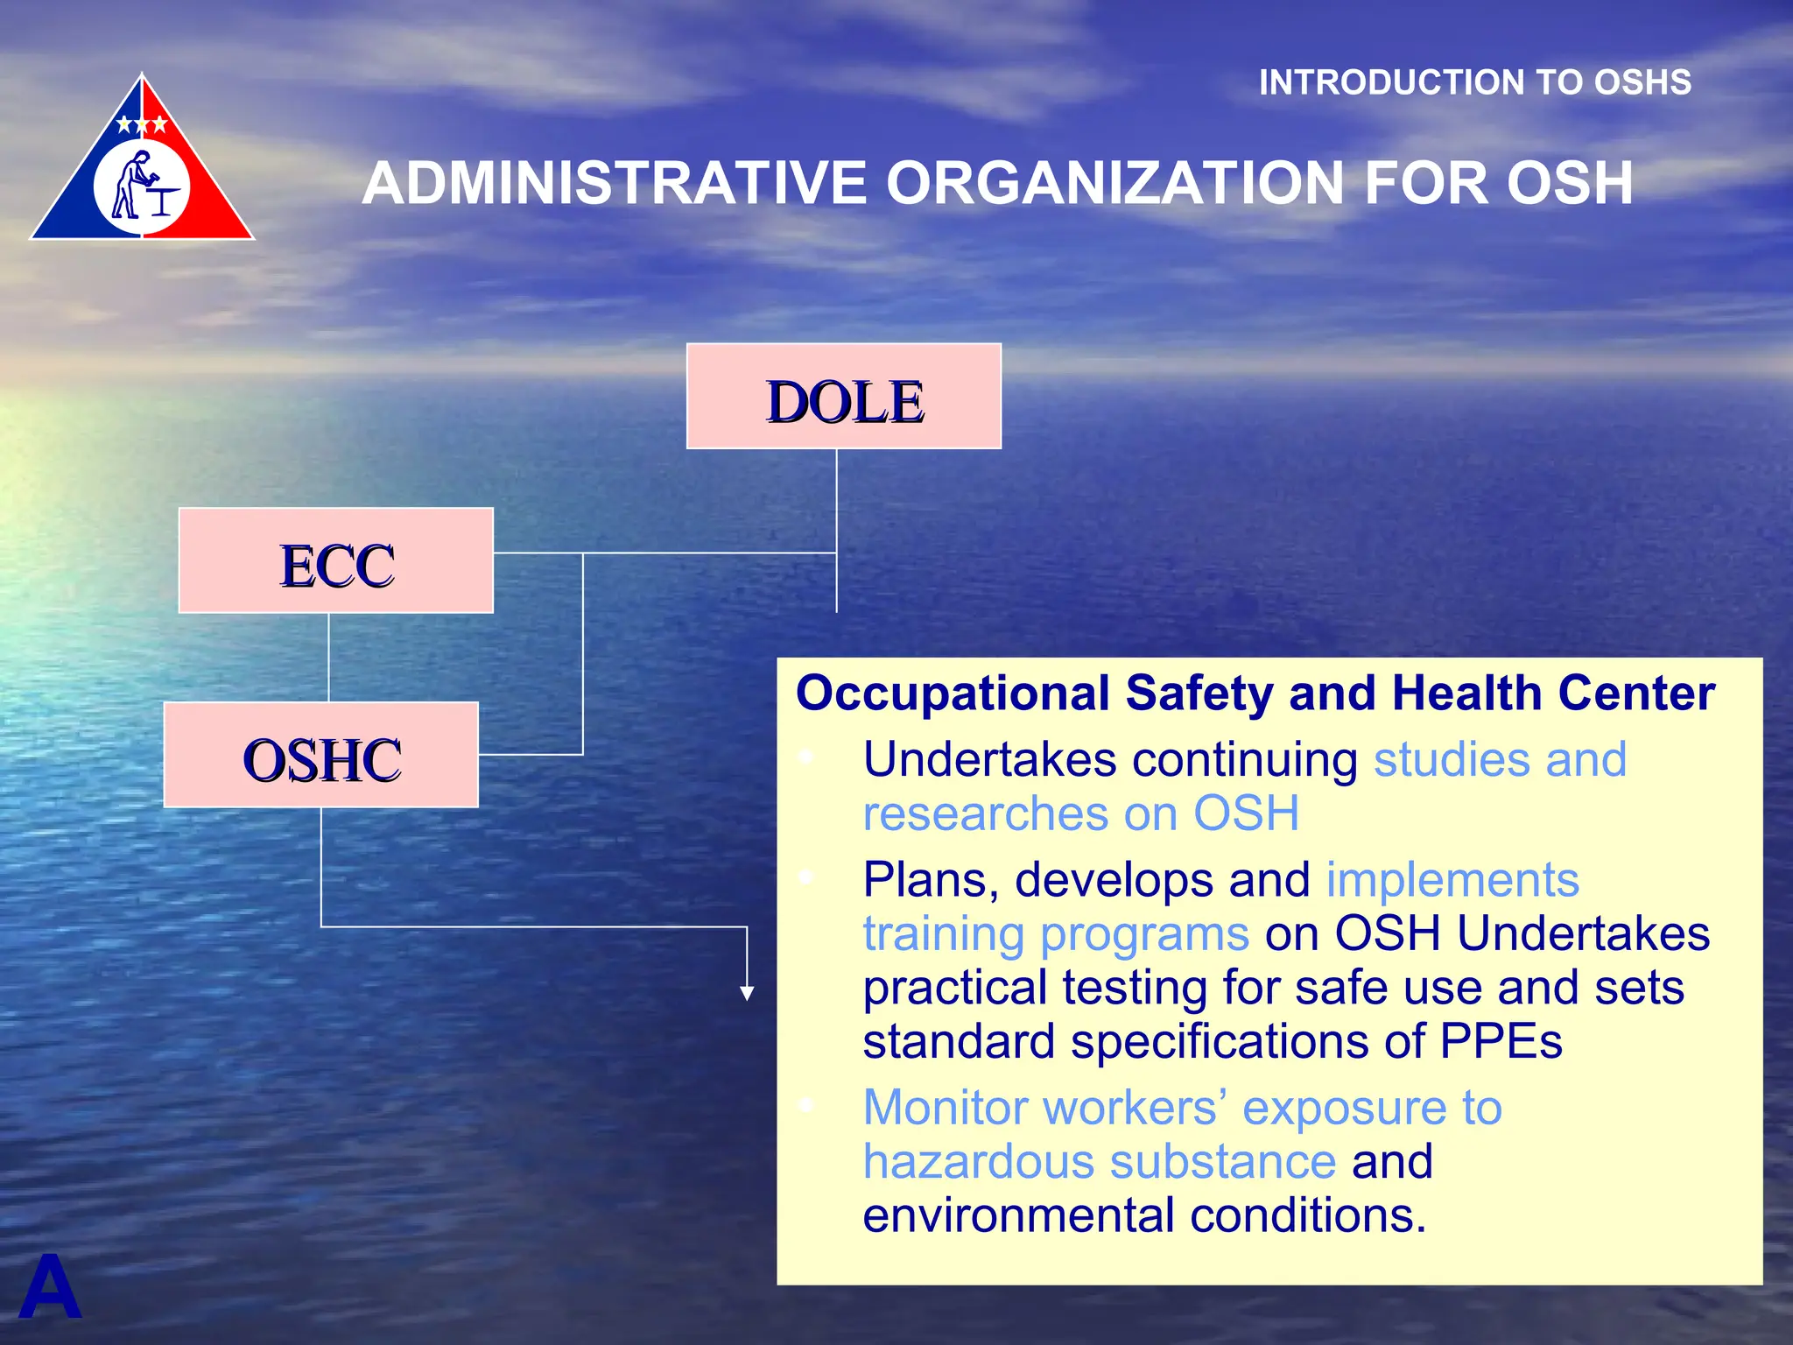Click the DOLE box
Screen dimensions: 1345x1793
click(x=843, y=397)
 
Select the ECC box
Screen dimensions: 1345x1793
click(x=335, y=560)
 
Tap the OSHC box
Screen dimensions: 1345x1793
click(x=320, y=755)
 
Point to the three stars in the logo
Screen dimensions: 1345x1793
click(x=142, y=124)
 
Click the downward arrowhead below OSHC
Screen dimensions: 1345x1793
click(x=747, y=992)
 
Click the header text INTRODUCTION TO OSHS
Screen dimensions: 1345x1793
click(x=1474, y=82)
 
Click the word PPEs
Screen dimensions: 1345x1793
click(x=1501, y=1041)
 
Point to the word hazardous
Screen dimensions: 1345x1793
click(x=978, y=1162)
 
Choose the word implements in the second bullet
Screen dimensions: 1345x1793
click(x=1452, y=879)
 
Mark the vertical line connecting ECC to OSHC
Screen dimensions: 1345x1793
click(x=329, y=657)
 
